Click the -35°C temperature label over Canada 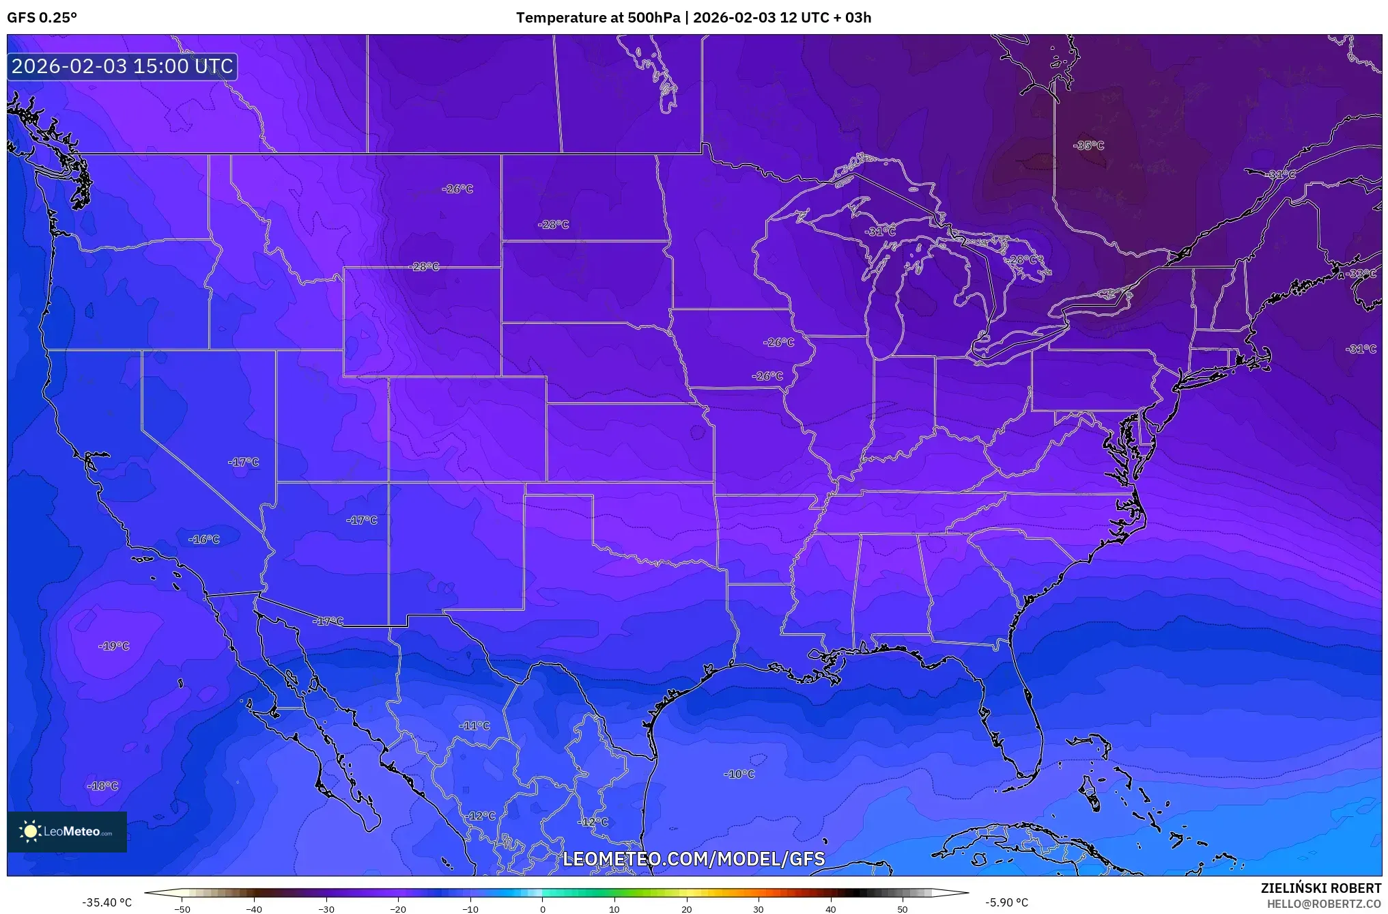(x=1088, y=146)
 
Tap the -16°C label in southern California (x=204, y=540)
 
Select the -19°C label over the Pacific (x=114, y=646)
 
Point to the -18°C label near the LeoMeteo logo (x=103, y=786)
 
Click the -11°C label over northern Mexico (x=475, y=726)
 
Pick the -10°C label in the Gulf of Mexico (x=739, y=775)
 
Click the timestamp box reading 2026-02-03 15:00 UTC (x=122, y=66)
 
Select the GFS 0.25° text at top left (x=42, y=18)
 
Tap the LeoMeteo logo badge (x=67, y=831)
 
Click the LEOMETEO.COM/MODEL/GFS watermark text (x=694, y=859)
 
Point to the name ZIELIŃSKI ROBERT (x=1320, y=888)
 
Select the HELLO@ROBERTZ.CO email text (x=1323, y=904)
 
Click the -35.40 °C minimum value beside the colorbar (x=107, y=902)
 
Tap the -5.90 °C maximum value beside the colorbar (x=1006, y=902)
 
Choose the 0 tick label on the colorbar (x=542, y=909)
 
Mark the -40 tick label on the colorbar (x=254, y=909)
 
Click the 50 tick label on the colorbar (x=903, y=909)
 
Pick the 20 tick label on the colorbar (x=686, y=909)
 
